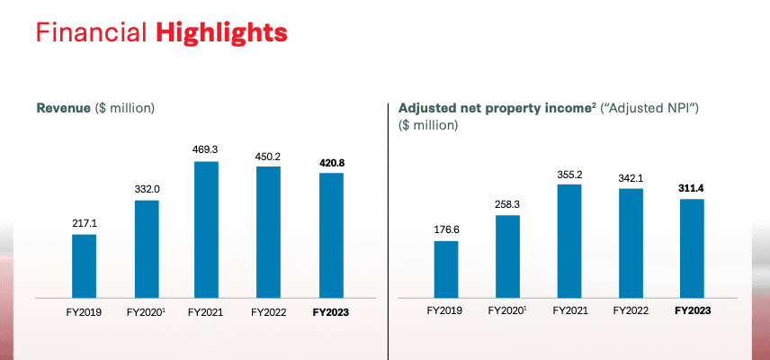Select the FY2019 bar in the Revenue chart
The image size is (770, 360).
[84, 265]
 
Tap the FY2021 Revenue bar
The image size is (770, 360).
[206, 229]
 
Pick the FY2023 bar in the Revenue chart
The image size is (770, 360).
[330, 235]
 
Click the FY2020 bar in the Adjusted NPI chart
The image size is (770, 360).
[507, 256]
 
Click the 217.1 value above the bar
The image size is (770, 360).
[84, 222]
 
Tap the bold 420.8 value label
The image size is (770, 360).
[330, 163]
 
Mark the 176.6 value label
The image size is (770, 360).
[445, 229]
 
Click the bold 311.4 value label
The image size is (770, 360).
[692, 188]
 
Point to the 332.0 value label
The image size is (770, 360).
[146, 189]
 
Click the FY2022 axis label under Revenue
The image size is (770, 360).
[268, 312]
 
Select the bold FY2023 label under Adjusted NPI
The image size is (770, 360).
[692, 312]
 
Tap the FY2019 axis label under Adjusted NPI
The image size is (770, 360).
[445, 312]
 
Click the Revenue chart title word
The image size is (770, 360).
[63, 108]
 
